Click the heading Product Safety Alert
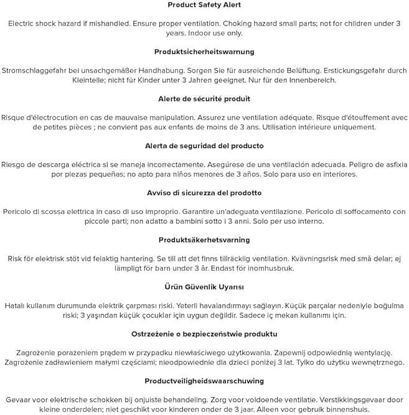204,5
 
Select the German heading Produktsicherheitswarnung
204,52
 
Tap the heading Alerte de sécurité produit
204,99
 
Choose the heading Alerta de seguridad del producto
204,146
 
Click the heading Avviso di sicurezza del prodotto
204,193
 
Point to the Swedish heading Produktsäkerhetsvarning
204,240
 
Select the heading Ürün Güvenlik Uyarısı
204,287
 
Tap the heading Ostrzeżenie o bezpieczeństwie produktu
204,333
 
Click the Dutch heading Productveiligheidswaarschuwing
204,381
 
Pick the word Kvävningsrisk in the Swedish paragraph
319,258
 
